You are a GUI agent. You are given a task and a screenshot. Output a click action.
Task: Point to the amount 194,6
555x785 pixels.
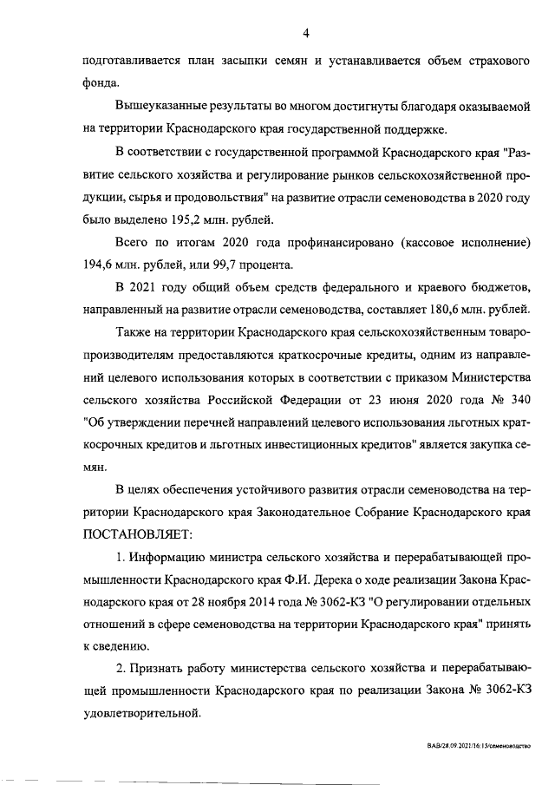click(x=99, y=264)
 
